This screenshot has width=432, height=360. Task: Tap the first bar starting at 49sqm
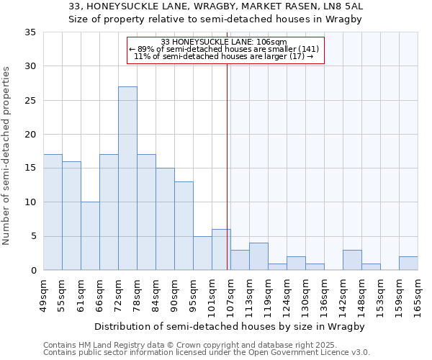[53, 212]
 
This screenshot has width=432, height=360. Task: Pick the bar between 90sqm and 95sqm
[184, 226]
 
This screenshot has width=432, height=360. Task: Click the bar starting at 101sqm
[221, 250]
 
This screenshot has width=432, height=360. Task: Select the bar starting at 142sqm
[352, 260]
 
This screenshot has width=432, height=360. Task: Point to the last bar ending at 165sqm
[408, 264]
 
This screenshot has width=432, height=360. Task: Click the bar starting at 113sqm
[258, 256]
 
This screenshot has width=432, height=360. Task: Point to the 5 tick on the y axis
[33, 236]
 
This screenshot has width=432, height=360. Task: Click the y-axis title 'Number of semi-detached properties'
[7, 156]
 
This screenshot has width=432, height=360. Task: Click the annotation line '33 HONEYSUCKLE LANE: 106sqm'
[225, 42]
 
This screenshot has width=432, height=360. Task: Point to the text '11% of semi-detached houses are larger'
[223, 56]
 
